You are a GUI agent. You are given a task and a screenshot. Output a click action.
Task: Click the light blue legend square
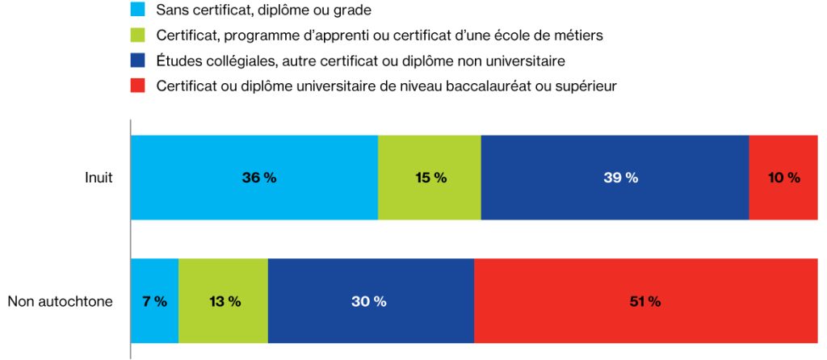click(137, 10)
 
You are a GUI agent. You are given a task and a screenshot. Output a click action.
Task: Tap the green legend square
click(137, 36)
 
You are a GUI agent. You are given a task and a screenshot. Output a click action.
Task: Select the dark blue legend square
click(137, 61)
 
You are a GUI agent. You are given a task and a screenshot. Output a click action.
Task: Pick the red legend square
click(137, 86)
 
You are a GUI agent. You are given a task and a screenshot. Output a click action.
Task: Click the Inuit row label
click(99, 178)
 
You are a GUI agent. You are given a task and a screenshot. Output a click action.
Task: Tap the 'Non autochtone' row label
click(60, 302)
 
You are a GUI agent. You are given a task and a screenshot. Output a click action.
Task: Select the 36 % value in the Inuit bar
click(258, 178)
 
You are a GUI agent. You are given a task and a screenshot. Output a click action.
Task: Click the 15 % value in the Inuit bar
click(430, 178)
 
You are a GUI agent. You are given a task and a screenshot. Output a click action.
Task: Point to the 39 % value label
click(620, 178)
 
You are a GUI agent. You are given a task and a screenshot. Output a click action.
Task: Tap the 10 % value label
click(783, 178)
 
